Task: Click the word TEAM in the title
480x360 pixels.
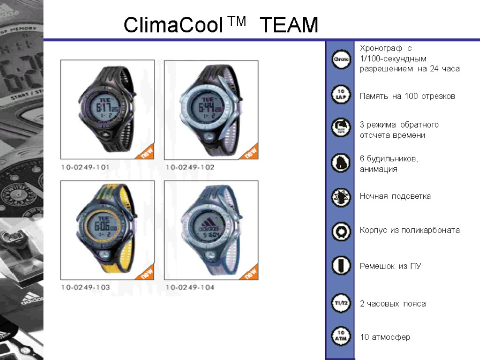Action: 288,25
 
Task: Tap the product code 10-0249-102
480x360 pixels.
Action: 189,166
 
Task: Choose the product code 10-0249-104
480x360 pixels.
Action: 189,287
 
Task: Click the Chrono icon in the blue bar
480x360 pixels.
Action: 341,60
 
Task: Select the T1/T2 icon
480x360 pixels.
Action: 341,302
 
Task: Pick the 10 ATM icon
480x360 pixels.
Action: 341,336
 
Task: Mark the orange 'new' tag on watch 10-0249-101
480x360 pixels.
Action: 147,153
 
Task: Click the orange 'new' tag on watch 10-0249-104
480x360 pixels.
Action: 251,273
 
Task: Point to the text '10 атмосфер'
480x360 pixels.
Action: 385,337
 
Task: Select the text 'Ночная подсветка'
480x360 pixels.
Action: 395,196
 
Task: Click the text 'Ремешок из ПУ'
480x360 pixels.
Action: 390,266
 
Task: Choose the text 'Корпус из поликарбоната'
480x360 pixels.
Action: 410,230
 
